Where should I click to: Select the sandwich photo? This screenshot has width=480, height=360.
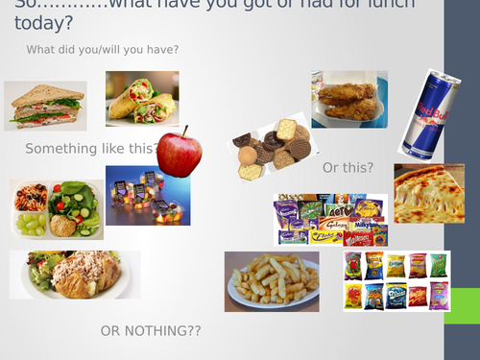click(45, 105)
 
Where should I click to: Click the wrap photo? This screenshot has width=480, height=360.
click(142, 98)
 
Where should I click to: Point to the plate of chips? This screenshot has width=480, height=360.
click(272, 281)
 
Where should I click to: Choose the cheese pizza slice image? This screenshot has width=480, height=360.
click(428, 193)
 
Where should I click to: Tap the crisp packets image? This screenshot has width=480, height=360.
click(396, 280)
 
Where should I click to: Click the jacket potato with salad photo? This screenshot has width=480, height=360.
click(75, 276)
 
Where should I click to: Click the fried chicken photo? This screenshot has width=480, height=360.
click(348, 99)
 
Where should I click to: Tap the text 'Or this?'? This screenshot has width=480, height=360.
click(348, 168)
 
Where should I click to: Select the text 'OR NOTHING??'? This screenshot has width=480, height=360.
click(151, 331)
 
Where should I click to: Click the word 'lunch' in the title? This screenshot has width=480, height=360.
click(417, 7)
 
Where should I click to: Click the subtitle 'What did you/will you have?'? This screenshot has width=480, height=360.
click(103, 50)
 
